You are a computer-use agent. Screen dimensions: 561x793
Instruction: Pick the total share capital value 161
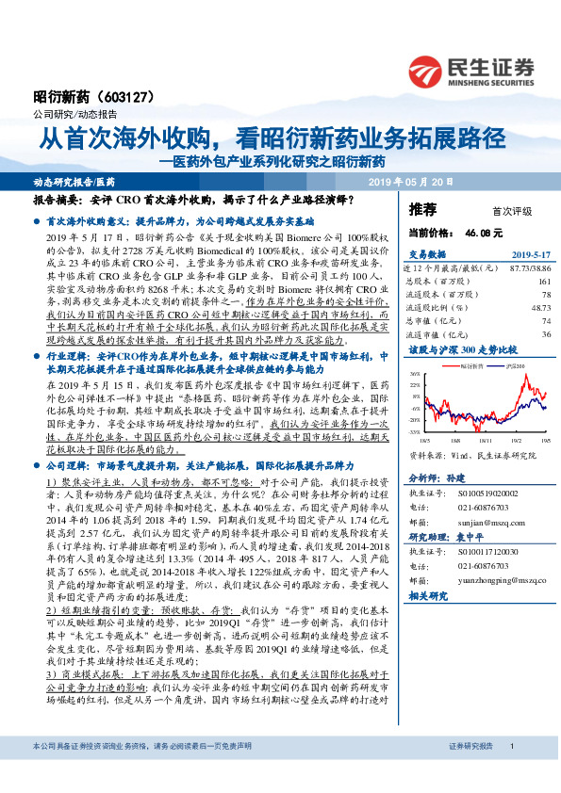[544, 281]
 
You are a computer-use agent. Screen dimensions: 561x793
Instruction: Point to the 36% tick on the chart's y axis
[416, 374]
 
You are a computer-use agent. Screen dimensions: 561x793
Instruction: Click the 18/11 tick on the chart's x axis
[484, 439]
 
